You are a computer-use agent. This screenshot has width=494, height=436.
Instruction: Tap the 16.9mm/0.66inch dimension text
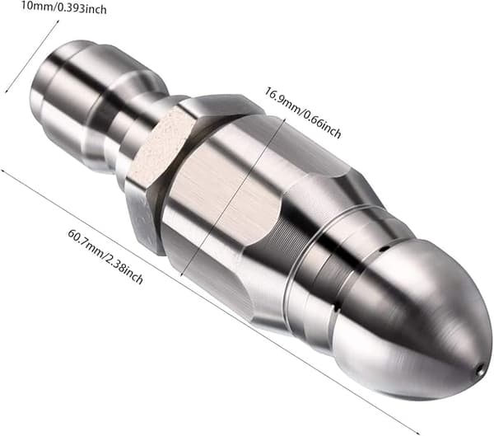pyautogui.click(x=302, y=113)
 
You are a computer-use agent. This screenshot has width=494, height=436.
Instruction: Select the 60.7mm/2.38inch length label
pyautogui.click(x=105, y=256)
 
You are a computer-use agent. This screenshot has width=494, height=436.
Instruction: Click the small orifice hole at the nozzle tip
pyautogui.click(x=481, y=368)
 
